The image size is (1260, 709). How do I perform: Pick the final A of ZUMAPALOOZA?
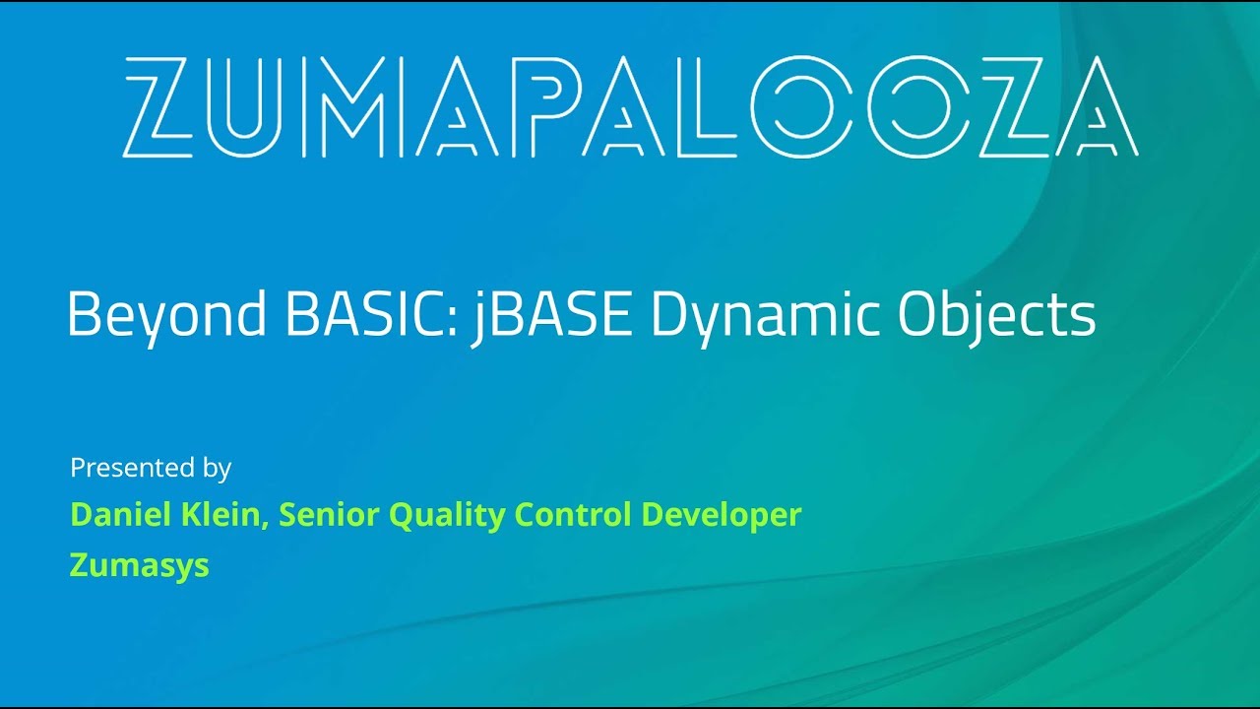coord(1089,106)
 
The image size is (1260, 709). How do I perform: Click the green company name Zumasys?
coord(139,565)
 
